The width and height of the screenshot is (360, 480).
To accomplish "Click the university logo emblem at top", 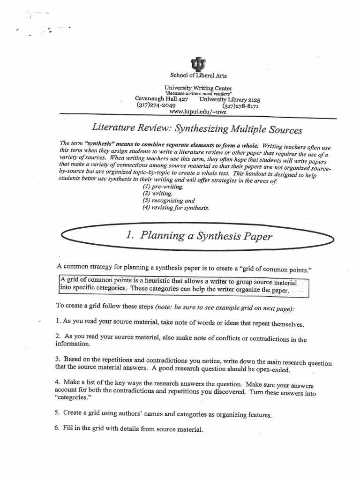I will point(197,64).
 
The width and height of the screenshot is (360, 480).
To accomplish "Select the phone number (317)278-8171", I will point(237,106).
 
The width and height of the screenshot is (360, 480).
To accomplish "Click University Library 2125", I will point(230,99).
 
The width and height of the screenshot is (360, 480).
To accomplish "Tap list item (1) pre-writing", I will point(157,186).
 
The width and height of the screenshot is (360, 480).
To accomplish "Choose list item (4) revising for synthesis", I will point(176,208).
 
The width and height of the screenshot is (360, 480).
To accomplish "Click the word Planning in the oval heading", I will point(159,236).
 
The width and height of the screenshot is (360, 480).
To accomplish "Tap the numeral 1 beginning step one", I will point(57,322).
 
